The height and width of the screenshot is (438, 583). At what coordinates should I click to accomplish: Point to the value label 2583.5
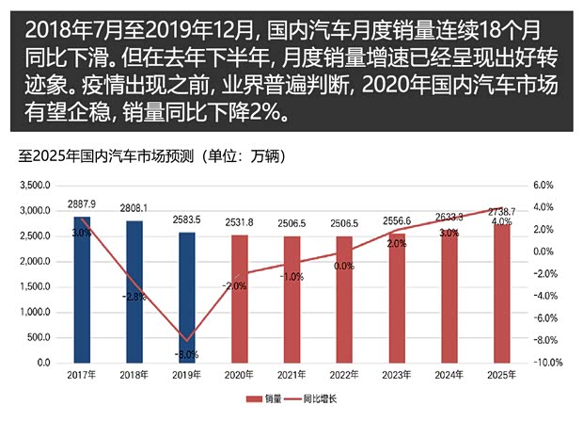pos(187,219)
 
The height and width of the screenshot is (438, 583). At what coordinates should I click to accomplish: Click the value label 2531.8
pos(240,222)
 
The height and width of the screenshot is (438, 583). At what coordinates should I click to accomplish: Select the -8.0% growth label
pos(187,355)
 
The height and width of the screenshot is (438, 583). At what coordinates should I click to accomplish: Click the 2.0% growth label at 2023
pos(396,244)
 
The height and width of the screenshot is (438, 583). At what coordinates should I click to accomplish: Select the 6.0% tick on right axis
pos(546,186)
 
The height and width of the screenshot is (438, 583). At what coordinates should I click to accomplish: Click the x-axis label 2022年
pos(344,377)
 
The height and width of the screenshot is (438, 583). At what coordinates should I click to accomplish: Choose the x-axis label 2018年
pos(134,377)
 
